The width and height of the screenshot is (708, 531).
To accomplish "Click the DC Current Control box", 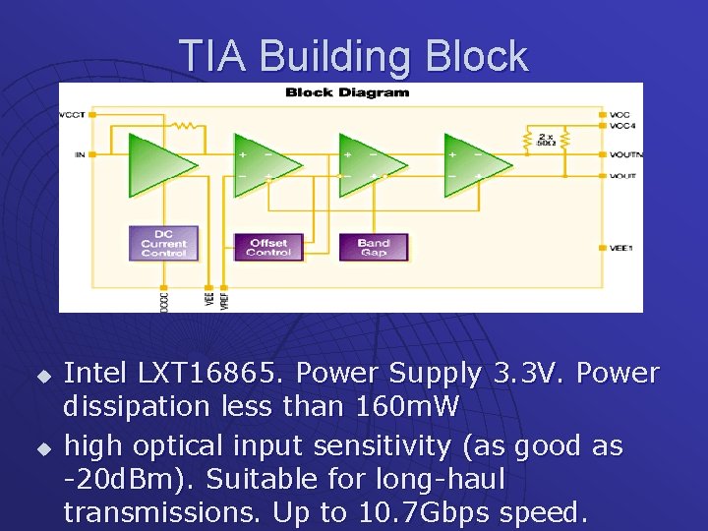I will tap(163, 244).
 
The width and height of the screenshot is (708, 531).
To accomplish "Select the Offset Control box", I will tap(268, 247).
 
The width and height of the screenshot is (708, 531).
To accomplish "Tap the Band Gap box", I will tap(374, 247).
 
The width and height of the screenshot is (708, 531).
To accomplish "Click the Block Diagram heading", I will tap(347, 93).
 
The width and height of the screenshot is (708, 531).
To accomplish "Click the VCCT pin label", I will tap(73, 115).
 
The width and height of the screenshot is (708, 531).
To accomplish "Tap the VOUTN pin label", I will tap(625, 155).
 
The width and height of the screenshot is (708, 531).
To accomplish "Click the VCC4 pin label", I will tap(620, 126).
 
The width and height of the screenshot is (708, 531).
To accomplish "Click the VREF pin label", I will tap(225, 298).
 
